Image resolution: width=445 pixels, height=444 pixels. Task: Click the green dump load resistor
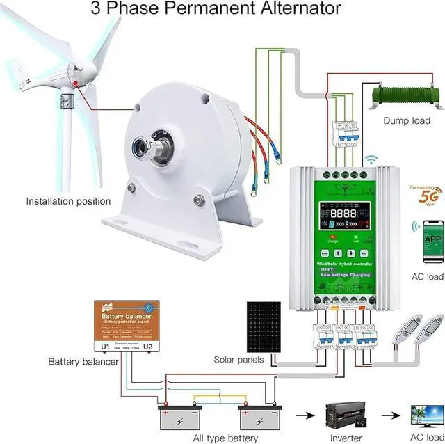(407, 94)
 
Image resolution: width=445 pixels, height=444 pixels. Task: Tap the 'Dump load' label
(407, 120)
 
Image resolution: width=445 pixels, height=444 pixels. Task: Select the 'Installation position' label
(68, 201)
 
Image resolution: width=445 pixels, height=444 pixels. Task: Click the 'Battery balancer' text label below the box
(83, 362)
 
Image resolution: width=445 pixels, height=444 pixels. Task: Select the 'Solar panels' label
(238, 360)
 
